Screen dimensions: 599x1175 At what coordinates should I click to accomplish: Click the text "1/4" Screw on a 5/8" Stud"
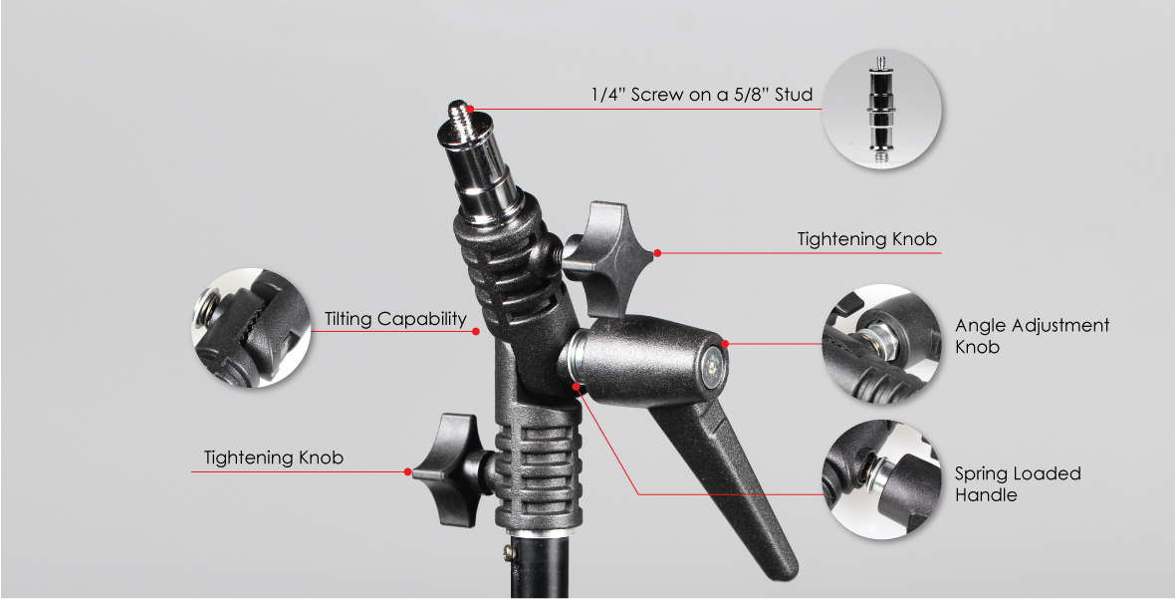click(701, 95)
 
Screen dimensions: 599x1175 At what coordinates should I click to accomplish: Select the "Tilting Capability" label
click(395, 319)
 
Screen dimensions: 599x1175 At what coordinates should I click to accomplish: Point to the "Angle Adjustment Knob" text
click(1032, 336)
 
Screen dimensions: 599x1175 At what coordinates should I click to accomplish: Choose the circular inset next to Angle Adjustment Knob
click(882, 344)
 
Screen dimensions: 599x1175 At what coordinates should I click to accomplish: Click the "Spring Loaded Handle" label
click(1018, 483)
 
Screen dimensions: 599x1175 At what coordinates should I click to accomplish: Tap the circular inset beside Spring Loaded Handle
click(882, 479)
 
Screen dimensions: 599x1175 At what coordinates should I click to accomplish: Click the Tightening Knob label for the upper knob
click(866, 239)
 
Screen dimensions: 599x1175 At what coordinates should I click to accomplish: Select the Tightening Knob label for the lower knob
click(274, 457)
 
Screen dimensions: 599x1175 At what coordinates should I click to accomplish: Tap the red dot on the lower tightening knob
click(408, 471)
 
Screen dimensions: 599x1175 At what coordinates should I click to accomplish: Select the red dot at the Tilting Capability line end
click(476, 332)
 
